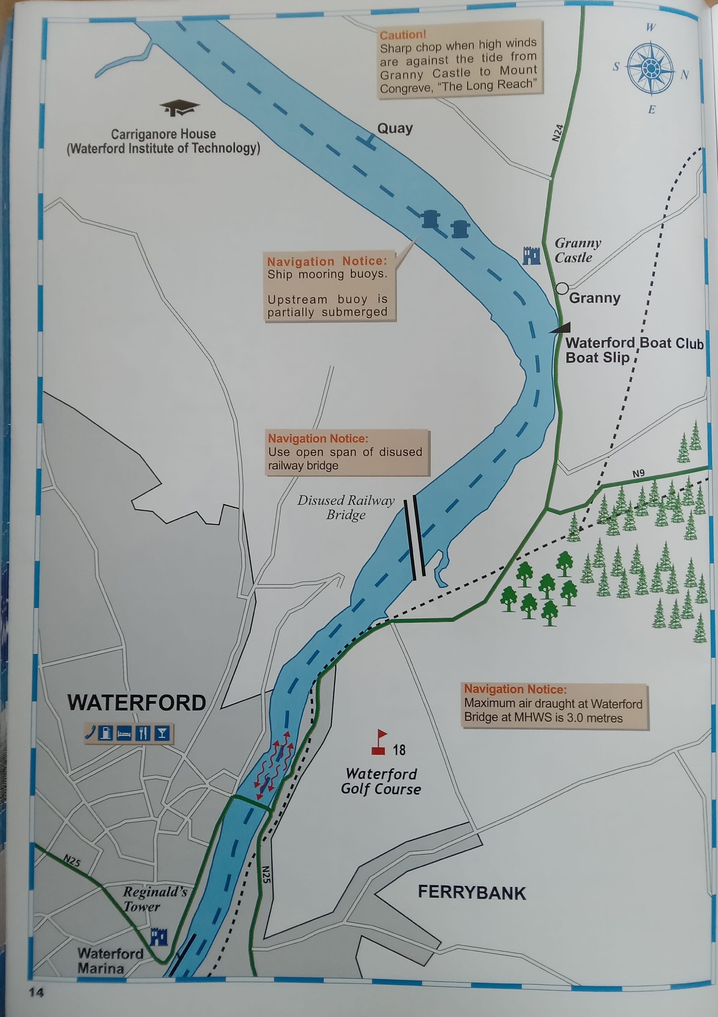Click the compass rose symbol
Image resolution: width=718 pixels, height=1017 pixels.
(650, 68)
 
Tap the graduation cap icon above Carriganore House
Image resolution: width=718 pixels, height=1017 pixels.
(179, 108)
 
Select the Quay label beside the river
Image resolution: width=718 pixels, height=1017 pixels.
(395, 129)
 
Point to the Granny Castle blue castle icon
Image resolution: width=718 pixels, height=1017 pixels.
(531, 255)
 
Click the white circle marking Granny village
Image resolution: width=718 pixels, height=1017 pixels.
(561, 288)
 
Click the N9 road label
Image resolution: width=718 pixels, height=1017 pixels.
(638, 473)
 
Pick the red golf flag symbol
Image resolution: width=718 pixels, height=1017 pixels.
(379, 742)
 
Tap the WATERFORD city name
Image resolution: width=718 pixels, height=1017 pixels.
(136, 703)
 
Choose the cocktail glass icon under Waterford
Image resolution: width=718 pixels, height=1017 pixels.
(162, 733)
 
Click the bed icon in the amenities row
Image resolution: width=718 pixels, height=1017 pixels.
(124, 733)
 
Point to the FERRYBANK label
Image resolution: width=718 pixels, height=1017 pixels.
(472, 892)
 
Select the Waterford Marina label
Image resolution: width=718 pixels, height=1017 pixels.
(110, 960)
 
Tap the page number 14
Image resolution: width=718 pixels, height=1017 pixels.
(36, 993)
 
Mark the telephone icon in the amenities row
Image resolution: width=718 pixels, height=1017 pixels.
(90, 733)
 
